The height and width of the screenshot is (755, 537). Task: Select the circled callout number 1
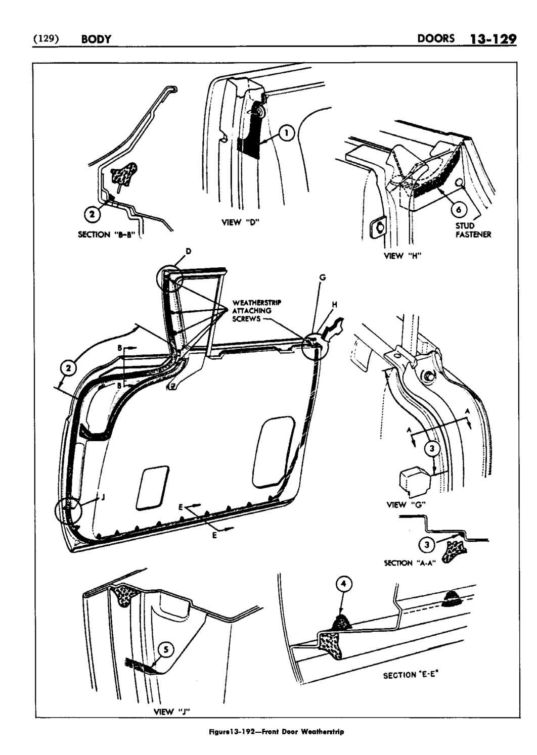tap(287, 133)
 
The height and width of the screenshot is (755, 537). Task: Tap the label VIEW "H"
tap(403, 255)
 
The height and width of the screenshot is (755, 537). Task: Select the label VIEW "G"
tap(403, 504)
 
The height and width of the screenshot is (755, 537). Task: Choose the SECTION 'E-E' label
tap(414, 674)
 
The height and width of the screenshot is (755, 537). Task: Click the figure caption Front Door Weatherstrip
tap(268, 731)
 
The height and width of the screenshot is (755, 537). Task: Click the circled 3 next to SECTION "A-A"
tap(427, 544)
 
